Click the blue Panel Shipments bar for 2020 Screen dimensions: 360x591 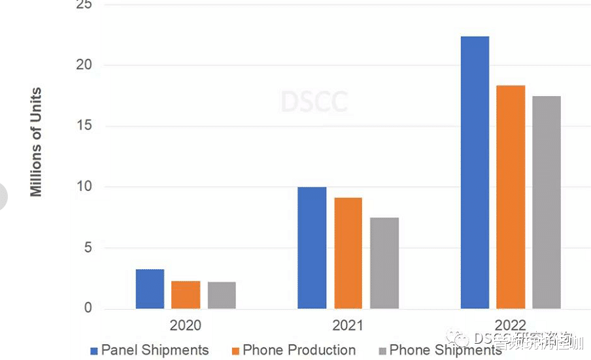[150, 289]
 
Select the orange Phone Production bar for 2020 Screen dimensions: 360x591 [186, 295]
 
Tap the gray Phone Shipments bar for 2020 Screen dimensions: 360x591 [222, 295]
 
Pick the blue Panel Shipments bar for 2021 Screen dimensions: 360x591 [312, 248]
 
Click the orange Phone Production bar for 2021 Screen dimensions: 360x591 [347, 253]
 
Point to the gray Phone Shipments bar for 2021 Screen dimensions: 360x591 [384, 263]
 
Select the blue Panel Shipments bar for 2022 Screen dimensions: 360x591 [475, 172]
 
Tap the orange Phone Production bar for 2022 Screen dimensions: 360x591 [510, 197]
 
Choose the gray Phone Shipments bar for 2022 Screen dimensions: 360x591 [547, 202]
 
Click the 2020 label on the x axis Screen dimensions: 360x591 [186, 325]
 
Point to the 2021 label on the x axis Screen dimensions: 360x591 [347, 325]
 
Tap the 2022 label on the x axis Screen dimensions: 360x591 [510, 325]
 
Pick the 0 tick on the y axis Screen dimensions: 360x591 [88, 308]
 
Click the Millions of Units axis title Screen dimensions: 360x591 [36, 142]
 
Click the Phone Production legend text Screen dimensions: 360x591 [299, 350]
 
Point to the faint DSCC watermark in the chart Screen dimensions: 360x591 [314, 102]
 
